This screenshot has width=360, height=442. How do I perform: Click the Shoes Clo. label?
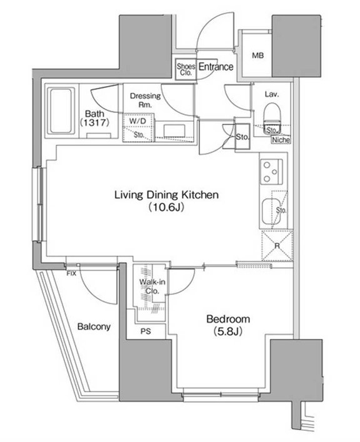click(186, 69)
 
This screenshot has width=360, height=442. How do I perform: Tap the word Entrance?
click(216, 67)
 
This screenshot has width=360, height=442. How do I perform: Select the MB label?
click(258, 56)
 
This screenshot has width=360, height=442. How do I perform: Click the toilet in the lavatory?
click(272, 117)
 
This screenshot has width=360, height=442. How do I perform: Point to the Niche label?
click(281, 140)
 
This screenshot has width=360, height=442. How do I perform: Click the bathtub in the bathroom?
click(61, 110)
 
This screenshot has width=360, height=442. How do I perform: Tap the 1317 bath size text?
click(94, 122)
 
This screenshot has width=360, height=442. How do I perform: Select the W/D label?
click(138, 121)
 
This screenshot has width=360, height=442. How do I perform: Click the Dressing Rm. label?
click(145, 100)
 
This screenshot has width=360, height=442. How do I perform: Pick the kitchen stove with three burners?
click(271, 172)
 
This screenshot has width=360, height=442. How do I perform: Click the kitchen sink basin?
click(271, 212)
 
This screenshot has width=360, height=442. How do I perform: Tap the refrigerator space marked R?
click(277, 245)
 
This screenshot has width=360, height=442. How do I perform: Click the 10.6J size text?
click(166, 207)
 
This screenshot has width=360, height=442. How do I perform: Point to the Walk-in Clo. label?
click(152, 286)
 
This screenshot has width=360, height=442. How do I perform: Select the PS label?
click(146, 331)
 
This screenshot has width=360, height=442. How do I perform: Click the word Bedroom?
click(228, 319)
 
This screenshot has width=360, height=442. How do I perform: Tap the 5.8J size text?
click(228, 331)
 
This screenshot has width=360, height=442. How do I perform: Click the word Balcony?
click(94, 327)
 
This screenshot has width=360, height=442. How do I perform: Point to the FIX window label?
click(71, 273)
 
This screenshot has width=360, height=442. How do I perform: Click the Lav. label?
click(272, 94)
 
